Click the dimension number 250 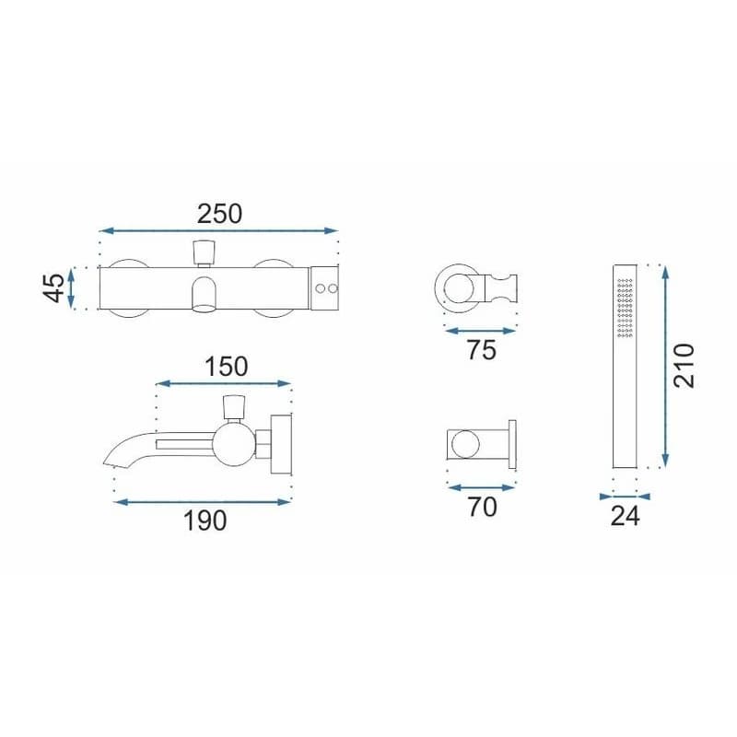click(219, 214)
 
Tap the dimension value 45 click(54, 287)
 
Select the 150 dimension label click(226, 367)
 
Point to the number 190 click(205, 521)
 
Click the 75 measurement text click(481, 350)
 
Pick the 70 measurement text click(482, 507)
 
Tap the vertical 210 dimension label click(684, 366)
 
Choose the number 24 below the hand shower click(626, 516)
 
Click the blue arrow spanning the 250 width click(219, 230)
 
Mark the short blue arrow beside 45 click(71, 287)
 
